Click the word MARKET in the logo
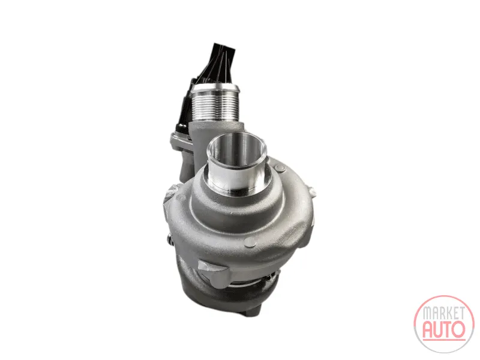point(443,313)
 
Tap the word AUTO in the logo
point(443,329)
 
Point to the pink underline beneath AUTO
point(444,339)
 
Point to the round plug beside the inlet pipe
point(280,168)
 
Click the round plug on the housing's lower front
point(250,242)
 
